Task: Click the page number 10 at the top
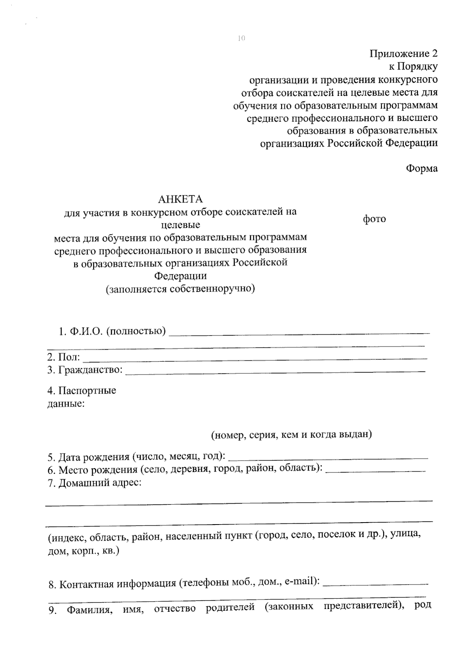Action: tap(241, 38)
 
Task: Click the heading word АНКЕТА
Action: tap(180, 199)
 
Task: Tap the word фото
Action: tap(374, 219)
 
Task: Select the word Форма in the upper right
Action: tap(422, 169)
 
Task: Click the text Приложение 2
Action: tap(404, 54)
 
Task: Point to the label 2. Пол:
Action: tap(64, 358)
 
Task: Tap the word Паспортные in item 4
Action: tap(87, 391)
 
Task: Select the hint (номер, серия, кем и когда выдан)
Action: tap(291, 435)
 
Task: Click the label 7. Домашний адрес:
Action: tap(94, 483)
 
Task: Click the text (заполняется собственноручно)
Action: tap(180, 289)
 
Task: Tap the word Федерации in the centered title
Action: tap(180, 276)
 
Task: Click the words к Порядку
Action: tap(413, 67)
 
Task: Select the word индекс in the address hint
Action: tap(67, 538)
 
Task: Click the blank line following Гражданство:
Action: tap(275, 371)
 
